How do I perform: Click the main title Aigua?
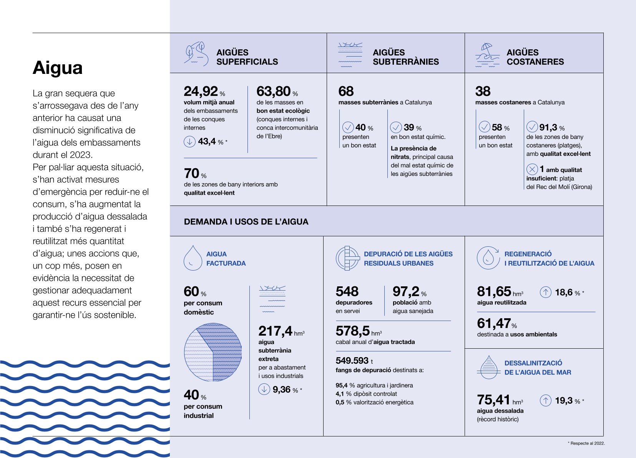pos(58,68)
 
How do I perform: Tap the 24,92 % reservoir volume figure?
pos(201,92)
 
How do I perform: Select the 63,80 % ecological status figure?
pos(274,92)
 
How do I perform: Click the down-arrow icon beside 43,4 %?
pos(189,142)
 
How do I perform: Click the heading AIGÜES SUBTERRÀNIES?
pos(405,57)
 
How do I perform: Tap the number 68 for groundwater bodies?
pos(346,92)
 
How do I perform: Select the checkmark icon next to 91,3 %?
pos(532,127)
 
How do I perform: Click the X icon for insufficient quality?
pos(532,169)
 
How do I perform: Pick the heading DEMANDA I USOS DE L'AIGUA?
pos(246,222)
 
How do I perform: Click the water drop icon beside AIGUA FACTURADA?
pos(193,258)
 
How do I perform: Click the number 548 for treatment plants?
pos(347,291)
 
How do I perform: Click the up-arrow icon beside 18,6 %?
pos(546,293)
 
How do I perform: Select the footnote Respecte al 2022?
pos(587,443)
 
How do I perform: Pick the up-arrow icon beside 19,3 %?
pos(546,401)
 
